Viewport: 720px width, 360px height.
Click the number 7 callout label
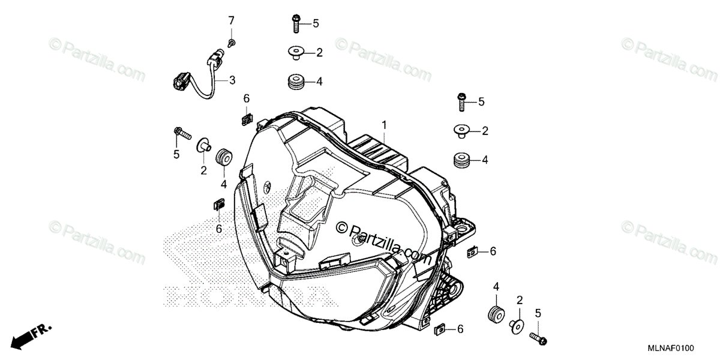click(231, 22)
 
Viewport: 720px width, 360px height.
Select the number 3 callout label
click(232, 80)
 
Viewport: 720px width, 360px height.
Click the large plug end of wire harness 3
click(182, 80)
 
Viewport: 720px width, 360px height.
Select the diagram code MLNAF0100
click(671, 348)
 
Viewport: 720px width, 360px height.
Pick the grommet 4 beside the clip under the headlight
click(496, 314)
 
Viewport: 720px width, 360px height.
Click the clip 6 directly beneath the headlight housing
click(439, 329)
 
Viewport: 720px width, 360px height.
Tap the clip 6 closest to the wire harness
click(245, 118)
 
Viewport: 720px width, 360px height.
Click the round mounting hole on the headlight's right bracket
click(463, 229)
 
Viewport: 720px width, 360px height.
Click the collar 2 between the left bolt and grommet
click(205, 145)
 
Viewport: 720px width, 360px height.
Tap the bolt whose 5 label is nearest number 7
click(296, 23)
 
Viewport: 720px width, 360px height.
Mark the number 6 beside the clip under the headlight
click(460, 329)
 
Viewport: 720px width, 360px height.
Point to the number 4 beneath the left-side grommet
click(223, 184)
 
